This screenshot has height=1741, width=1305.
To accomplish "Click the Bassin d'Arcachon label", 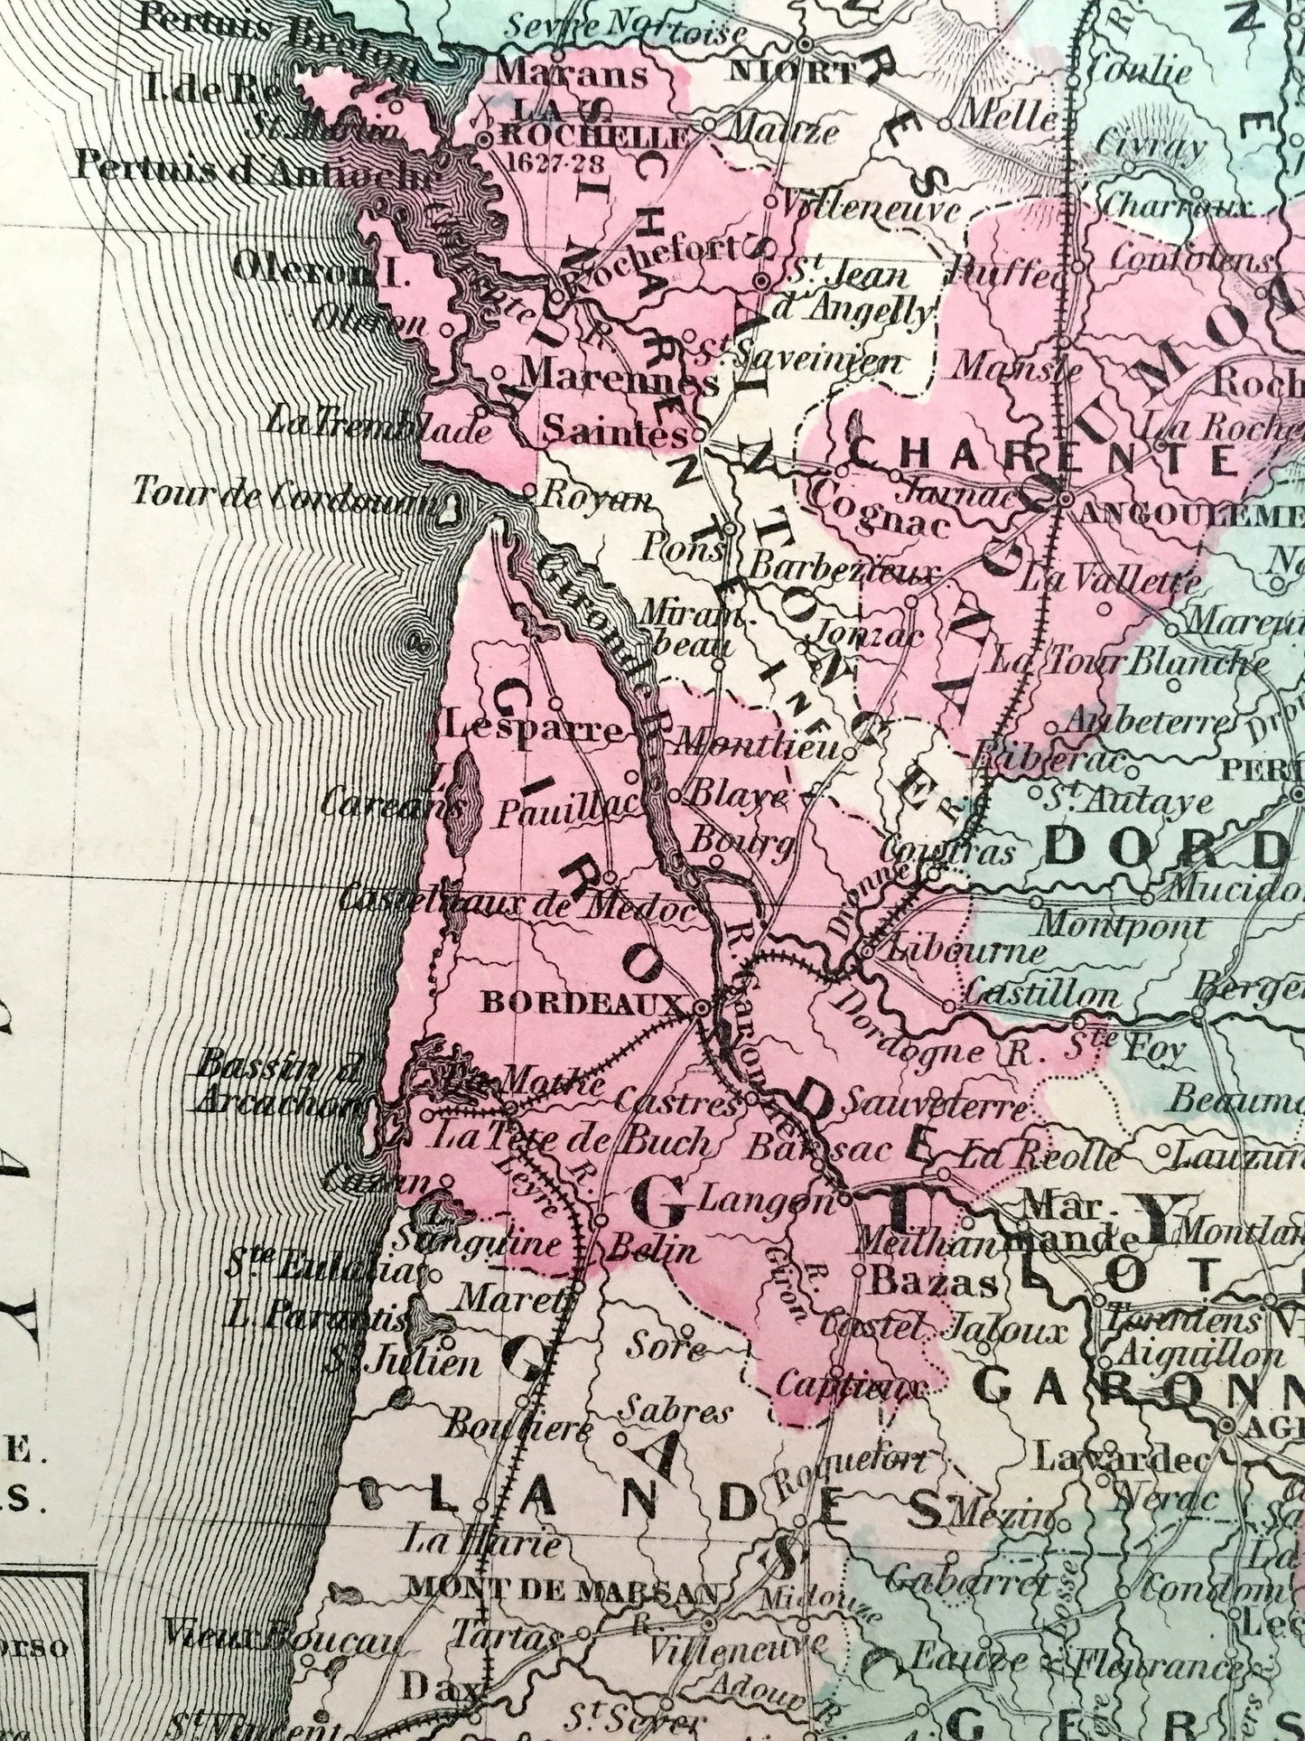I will (271, 1082).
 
